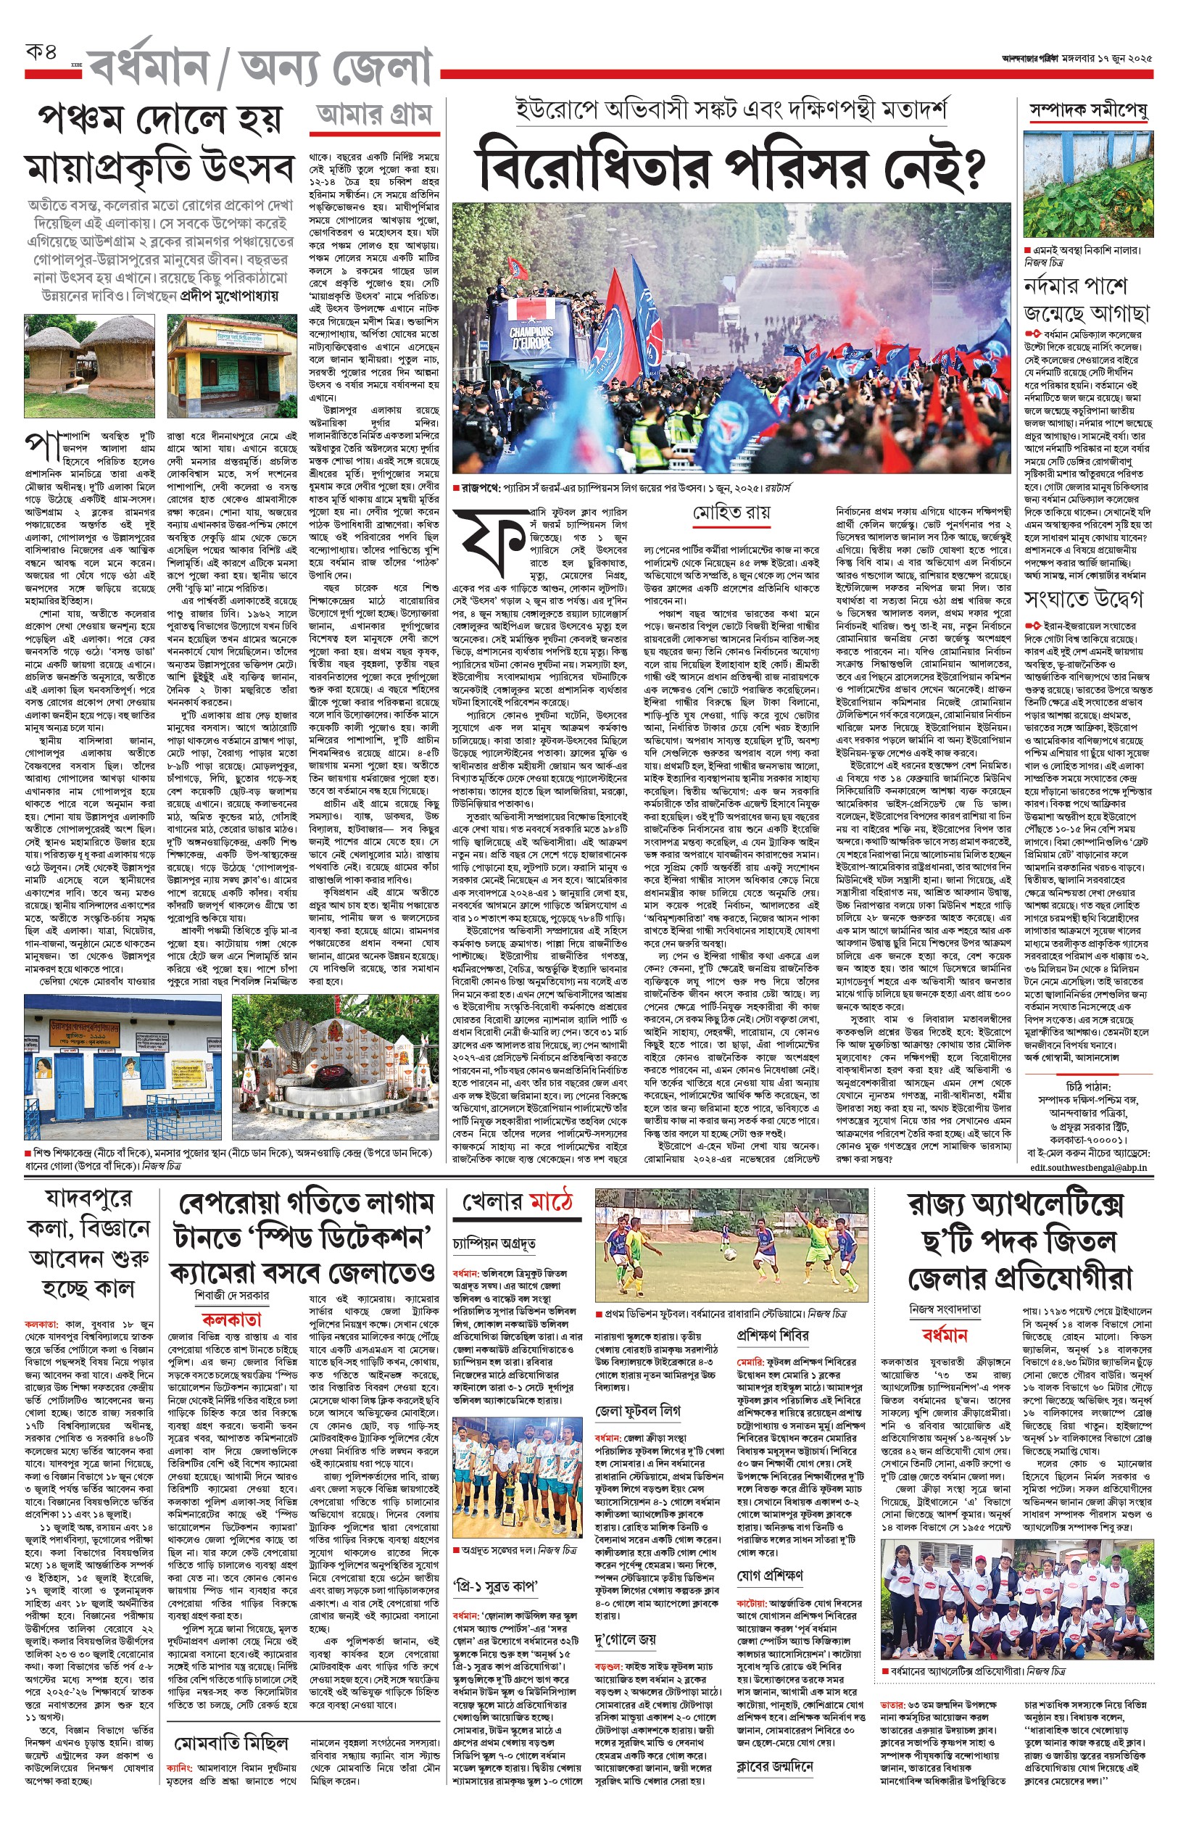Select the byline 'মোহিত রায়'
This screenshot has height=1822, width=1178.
731,513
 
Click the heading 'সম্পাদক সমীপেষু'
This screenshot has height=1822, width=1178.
1087,112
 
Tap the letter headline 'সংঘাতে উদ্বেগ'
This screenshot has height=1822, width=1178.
1084,598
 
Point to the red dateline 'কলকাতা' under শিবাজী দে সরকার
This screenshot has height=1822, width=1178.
231,1320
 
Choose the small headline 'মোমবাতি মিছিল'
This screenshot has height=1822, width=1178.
231,1743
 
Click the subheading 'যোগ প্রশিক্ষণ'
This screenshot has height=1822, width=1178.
771,1575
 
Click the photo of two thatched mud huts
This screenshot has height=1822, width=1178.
88,356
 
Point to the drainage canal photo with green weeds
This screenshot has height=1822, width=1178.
1087,184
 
